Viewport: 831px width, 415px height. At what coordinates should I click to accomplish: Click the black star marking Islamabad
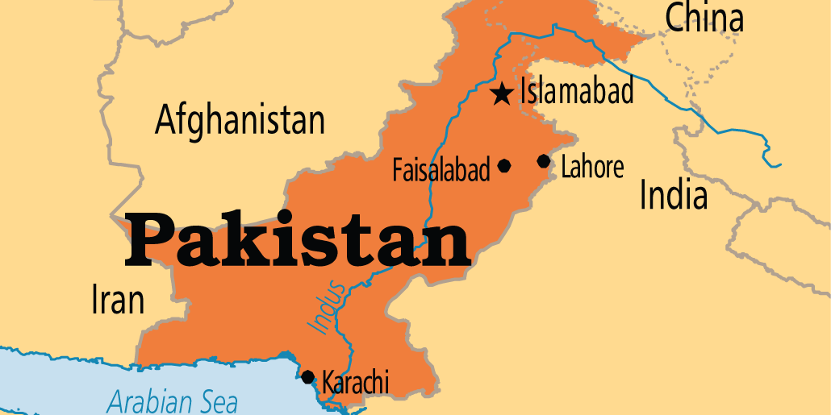click(502, 94)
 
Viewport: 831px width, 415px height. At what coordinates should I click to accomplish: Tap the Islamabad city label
click(577, 91)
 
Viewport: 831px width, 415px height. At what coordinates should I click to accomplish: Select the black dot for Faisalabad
click(504, 166)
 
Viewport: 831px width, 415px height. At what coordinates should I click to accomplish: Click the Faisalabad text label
click(441, 170)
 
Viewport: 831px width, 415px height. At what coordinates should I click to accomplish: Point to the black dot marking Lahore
click(544, 162)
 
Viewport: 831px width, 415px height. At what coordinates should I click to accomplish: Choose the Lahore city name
click(592, 168)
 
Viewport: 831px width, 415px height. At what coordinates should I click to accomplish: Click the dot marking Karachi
click(307, 376)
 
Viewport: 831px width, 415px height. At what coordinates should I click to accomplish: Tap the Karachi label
click(355, 380)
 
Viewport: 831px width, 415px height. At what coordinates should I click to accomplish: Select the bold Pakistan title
click(297, 239)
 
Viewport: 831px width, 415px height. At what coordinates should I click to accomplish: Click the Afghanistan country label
click(240, 121)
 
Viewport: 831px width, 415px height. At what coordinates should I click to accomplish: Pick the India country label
click(673, 195)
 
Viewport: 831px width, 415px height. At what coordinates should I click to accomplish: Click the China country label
click(704, 18)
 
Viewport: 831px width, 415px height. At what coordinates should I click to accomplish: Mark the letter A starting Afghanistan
click(165, 121)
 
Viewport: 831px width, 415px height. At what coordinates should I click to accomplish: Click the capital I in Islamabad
click(524, 91)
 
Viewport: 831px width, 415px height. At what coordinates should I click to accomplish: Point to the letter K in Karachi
click(328, 380)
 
